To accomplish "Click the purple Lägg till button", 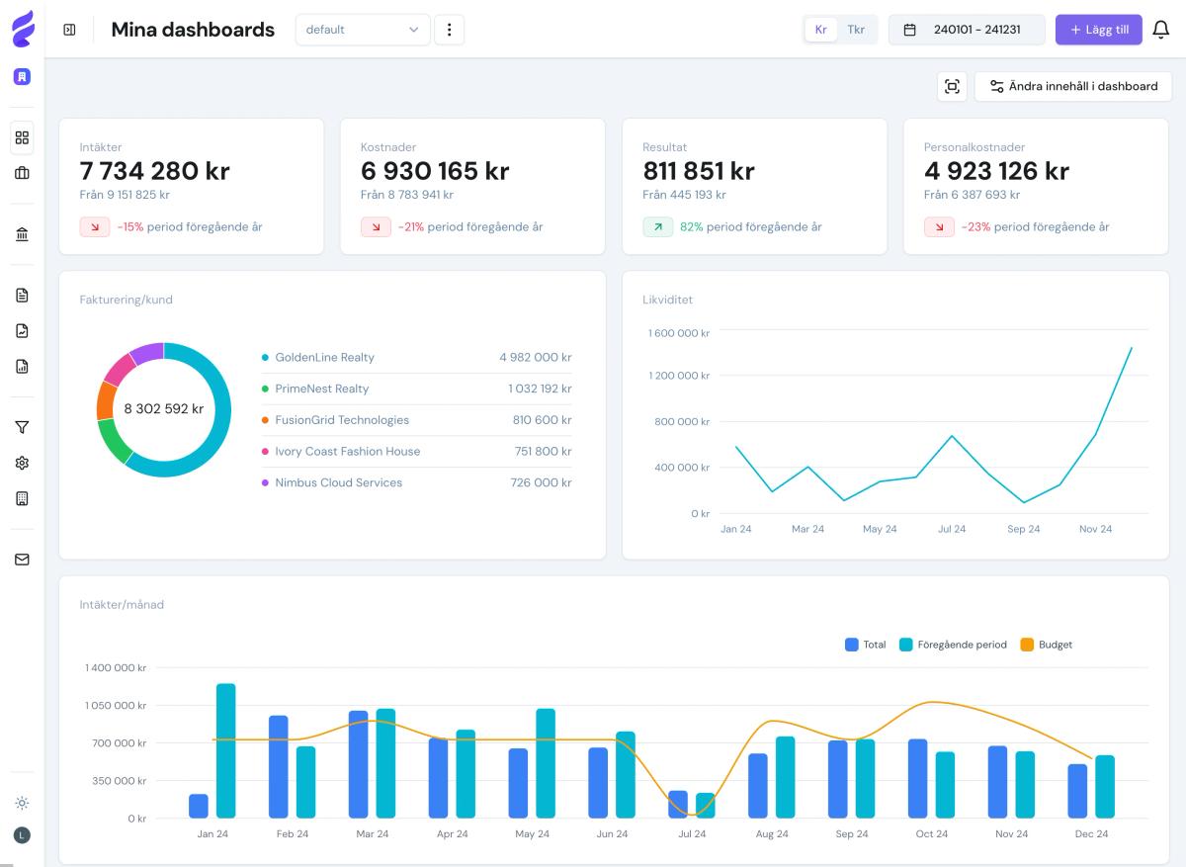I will coord(1098,30).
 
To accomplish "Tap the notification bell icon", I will coord(1161,30).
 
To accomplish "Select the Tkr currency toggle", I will coord(856,30).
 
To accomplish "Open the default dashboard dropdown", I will coord(362,30).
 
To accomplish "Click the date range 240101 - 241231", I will coord(966,30).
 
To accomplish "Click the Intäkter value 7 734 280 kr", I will coord(155,171).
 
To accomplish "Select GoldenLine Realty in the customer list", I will coord(324,358).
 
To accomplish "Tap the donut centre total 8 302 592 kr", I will coord(164,409).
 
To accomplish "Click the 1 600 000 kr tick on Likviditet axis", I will coord(679,333).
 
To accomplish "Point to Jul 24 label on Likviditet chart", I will coord(952,529).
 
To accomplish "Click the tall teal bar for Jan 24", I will coord(225,751).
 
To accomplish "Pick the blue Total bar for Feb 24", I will coord(279,767).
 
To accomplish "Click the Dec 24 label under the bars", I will coord(1091,834).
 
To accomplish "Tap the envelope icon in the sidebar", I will coord(22,560).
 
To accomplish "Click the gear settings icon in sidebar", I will coord(22,463).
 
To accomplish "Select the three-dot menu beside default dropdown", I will coord(450,30).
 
